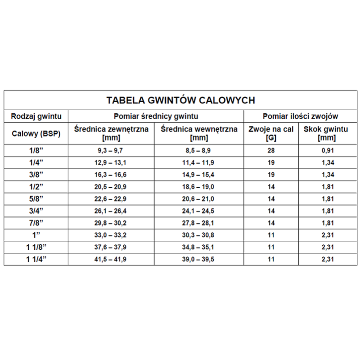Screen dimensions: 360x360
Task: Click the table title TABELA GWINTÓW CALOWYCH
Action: [180, 99]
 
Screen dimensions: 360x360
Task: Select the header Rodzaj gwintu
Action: [36, 116]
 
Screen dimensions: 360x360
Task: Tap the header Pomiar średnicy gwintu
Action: [156, 116]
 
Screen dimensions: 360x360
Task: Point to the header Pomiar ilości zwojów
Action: [301, 116]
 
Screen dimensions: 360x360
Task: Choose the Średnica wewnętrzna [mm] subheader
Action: [199, 133]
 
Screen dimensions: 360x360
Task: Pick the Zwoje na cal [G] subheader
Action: [271, 133]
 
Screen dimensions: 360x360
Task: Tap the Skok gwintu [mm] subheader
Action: [326, 133]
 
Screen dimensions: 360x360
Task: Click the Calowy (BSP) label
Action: [36, 134]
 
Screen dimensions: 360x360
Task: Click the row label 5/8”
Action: [36, 199]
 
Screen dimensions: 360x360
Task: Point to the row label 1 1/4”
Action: [36, 259]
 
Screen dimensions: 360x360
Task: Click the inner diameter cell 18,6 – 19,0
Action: [198, 187]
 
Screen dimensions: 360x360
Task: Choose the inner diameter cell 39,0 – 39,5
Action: [198, 259]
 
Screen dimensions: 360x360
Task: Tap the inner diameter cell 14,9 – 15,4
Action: [198, 175]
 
